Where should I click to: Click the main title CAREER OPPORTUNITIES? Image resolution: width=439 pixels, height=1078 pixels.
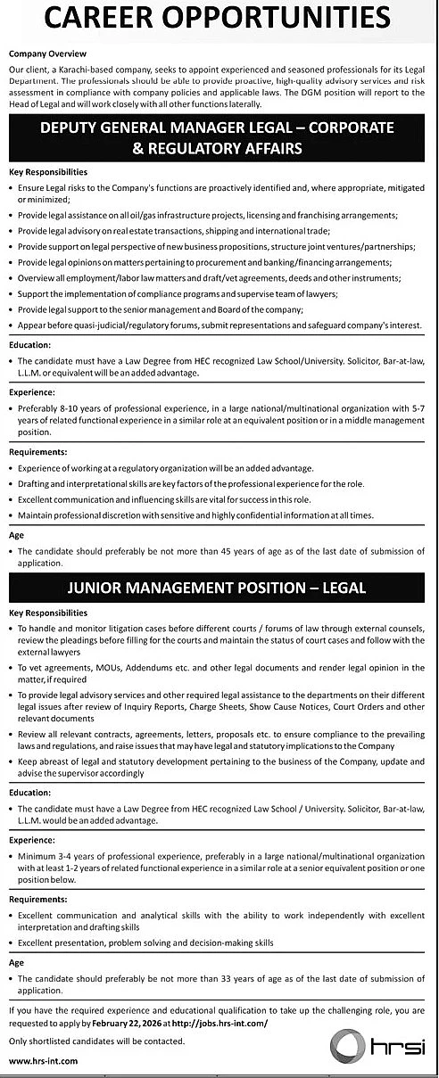(x=219, y=17)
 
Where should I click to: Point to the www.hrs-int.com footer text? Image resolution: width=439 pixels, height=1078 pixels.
(x=43, y=1060)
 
